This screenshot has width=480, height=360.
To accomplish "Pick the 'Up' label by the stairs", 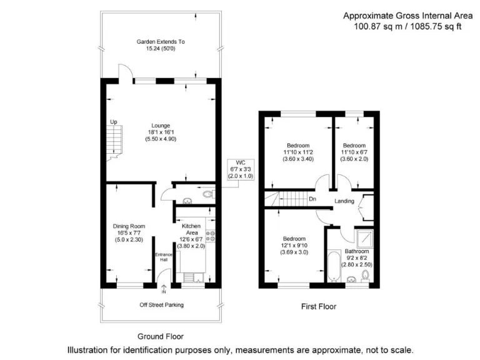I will (x=113, y=122).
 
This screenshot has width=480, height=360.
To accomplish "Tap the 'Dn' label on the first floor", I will (x=312, y=200).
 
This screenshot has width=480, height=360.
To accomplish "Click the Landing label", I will (x=344, y=201).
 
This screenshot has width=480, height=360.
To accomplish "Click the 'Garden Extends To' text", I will (x=161, y=42).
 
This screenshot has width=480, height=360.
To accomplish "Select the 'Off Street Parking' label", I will (x=161, y=305).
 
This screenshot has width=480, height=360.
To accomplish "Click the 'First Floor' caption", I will (x=319, y=307).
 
